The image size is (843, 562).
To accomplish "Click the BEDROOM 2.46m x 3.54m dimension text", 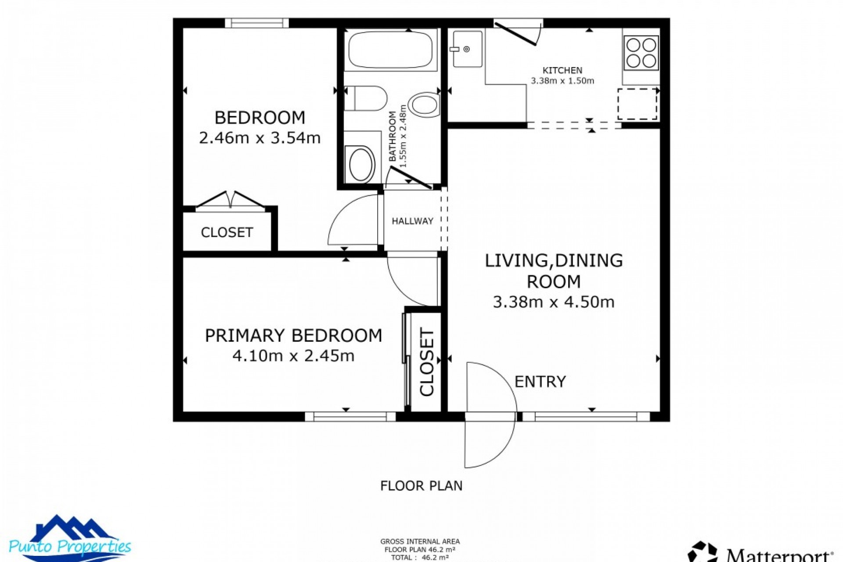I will tap(259, 138).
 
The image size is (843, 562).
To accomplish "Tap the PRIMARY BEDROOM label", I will tap(293, 335).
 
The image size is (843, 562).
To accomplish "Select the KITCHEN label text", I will tap(562, 70).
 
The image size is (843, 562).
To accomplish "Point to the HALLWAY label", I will tap(412, 221).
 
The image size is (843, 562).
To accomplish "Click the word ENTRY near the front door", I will tap(540, 382).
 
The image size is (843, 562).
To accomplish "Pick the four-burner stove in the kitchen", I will tap(641, 53).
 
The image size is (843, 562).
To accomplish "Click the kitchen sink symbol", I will tap(467, 49).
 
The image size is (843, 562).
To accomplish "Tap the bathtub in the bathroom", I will tap(391, 49).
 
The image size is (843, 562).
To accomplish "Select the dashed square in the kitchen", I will tap(637, 104).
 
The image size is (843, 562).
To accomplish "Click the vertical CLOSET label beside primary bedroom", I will tap(427, 362).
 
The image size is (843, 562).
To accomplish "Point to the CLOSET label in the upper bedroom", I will tap(227, 232).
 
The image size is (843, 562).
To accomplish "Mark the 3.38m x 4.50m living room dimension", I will tap(553, 302).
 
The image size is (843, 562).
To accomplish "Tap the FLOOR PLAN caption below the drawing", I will tap(421, 486).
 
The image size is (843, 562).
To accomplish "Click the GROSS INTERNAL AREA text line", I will tap(420, 542).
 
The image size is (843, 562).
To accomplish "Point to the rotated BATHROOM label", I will tap(393, 136).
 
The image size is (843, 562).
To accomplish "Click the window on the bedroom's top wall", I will tap(257, 23).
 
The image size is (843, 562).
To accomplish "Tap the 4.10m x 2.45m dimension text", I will tap(293, 356).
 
